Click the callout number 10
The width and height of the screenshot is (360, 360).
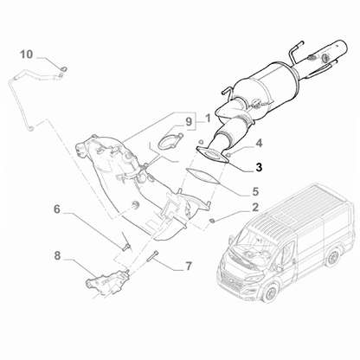click(26, 55)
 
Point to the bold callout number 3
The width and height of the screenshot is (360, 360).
click(258, 143)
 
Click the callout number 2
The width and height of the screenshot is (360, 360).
click(255, 208)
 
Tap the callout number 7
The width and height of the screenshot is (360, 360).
click(188, 266)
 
